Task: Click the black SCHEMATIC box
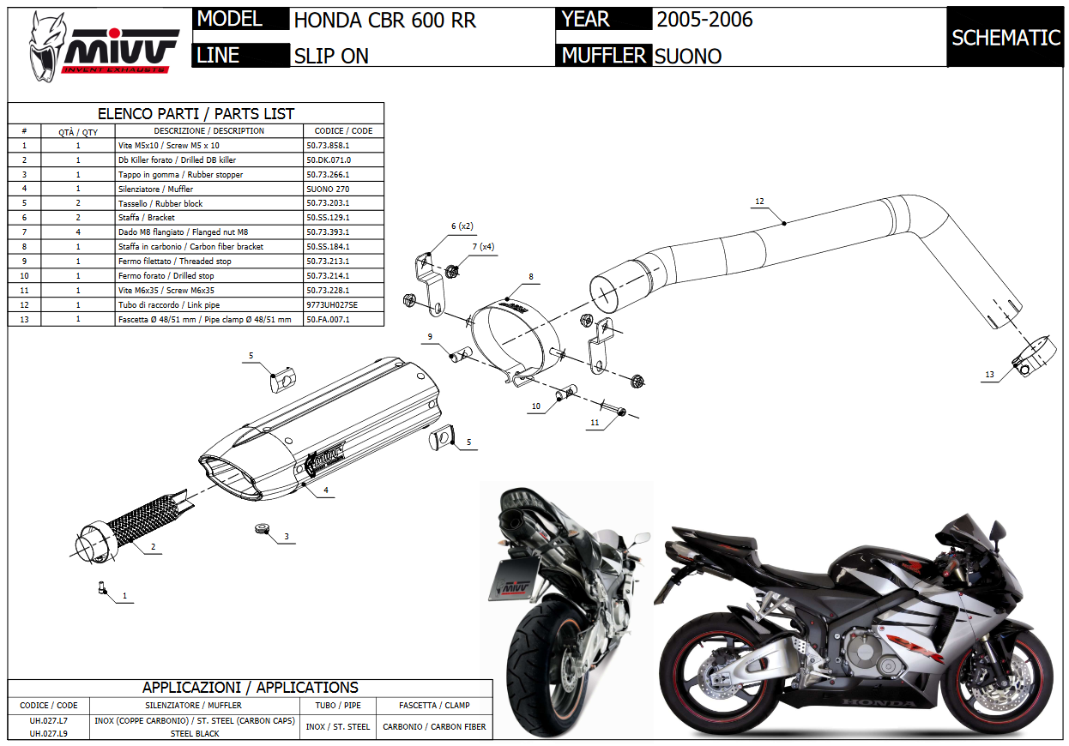(1006, 38)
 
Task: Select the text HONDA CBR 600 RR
(384, 20)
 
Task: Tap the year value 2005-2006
(704, 20)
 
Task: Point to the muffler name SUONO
(687, 57)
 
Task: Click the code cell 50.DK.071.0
(329, 160)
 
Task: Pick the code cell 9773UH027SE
(332, 305)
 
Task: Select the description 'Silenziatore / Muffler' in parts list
(155, 190)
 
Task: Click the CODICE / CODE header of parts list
(343, 131)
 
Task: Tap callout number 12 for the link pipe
(758, 202)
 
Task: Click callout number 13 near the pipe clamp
(989, 375)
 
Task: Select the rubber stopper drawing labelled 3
(261, 527)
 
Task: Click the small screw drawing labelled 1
(102, 588)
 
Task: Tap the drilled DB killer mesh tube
(142, 524)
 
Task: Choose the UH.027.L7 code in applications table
(48, 720)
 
